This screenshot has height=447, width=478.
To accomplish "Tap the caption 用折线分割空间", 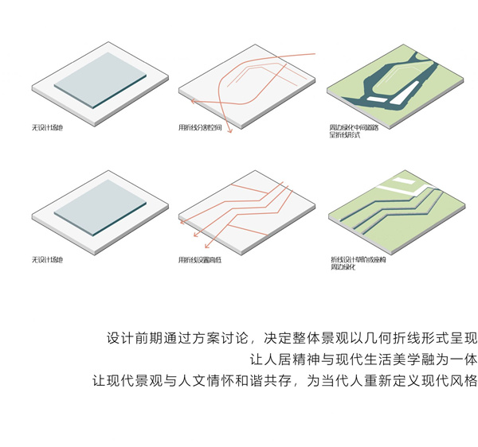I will [200, 128].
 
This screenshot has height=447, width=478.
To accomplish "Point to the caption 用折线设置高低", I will [200, 260].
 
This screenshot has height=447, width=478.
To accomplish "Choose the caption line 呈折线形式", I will [344, 136].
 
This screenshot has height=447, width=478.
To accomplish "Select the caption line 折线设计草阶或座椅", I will [356, 259].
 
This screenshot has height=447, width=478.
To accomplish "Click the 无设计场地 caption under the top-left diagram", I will [47, 127].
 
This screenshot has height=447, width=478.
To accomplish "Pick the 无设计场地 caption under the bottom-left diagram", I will [47, 259].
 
